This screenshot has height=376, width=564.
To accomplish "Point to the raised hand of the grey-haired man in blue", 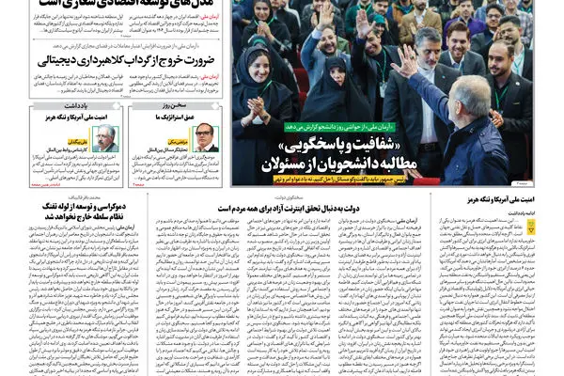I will pyautogui.click(x=407, y=61).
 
